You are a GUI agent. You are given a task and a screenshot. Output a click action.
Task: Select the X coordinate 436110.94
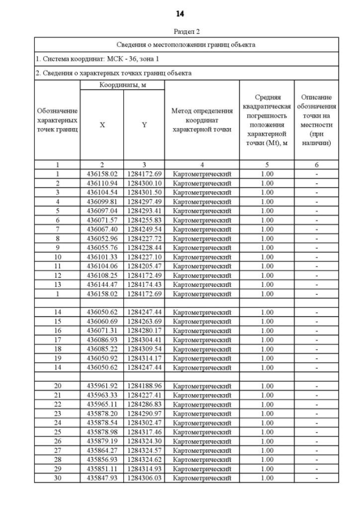pyautogui.click(x=102, y=183)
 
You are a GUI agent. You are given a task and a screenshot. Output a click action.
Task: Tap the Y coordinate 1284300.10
pyautogui.click(x=144, y=183)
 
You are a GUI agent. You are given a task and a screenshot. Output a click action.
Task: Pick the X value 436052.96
pyautogui.click(x=102, y=238)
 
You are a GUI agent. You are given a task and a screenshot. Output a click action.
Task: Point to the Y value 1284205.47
pyautogui.click(x=144, y=266)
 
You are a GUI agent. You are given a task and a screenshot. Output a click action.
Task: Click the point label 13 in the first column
pyautogui.click(x=57, y=285)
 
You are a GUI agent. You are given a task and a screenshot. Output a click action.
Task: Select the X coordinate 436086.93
pyautogui.click(x=102, y=340)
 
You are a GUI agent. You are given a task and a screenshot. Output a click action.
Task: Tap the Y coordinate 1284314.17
pyautogui.click(x=144, y=358)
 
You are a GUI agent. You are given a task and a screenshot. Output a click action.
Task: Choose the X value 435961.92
pyautogui.click(x=102, y=386)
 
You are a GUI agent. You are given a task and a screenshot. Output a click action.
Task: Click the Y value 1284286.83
pyautogui.click(x=144, y=404)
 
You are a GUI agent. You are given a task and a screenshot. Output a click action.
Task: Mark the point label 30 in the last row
pyautogui.click(x=57, y=478)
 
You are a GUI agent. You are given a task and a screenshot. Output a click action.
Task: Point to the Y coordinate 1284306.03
pyautogui.click(x=144, y=478)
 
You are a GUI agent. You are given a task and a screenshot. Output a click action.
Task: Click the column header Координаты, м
pyautogui.click(x=122, y=85)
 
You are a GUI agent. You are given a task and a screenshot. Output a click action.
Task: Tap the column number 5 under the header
pyautogui.click(x=267, y=165)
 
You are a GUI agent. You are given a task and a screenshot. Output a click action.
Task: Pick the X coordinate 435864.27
pyautogui.click(x=102, y=451)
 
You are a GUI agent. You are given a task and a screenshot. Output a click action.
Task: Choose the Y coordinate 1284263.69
pyautogui.click(x=144, y=321)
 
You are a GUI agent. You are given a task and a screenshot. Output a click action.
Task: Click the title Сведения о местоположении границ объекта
pyautogui.click(x=186, y=44)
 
